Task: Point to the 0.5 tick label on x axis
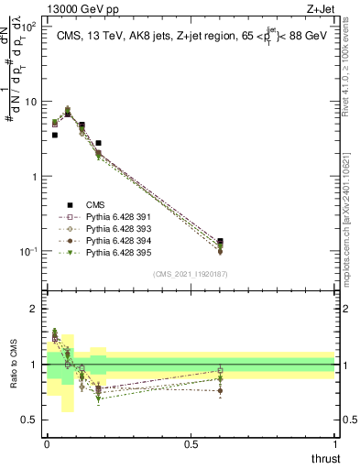pyautogui.click(x=191, y=444)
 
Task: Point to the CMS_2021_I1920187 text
pyautogui.click(x=190, y=274)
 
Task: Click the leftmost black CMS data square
pyautogui.click(x=55, y=135)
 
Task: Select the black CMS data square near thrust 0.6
pyautogui.click(x=220, y=242)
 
